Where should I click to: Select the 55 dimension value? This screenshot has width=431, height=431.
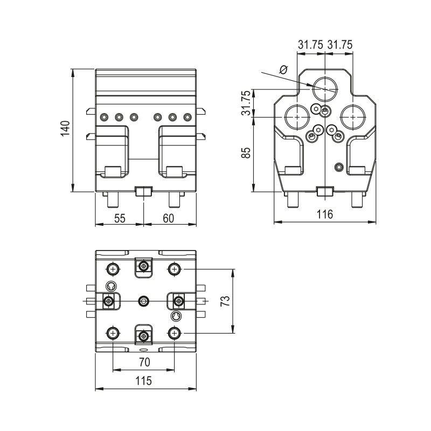[120, 218]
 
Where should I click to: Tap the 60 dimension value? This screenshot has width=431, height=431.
[168, 218]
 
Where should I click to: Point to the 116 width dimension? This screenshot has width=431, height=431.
[325, 214]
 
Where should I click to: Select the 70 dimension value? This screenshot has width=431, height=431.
[143, 363]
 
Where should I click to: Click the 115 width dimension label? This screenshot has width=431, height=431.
[143, 381]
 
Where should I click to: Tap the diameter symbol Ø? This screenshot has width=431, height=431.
[284, 69]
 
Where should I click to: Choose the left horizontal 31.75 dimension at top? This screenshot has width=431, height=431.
[310, 46]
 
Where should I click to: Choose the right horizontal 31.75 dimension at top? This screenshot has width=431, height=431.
[340, 46]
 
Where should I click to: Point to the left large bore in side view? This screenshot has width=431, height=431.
[296, 116]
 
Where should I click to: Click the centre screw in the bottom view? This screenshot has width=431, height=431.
[143, 301]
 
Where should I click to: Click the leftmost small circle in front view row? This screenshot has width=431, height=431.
[104, 117]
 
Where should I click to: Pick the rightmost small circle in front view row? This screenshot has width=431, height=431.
[187, 117]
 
